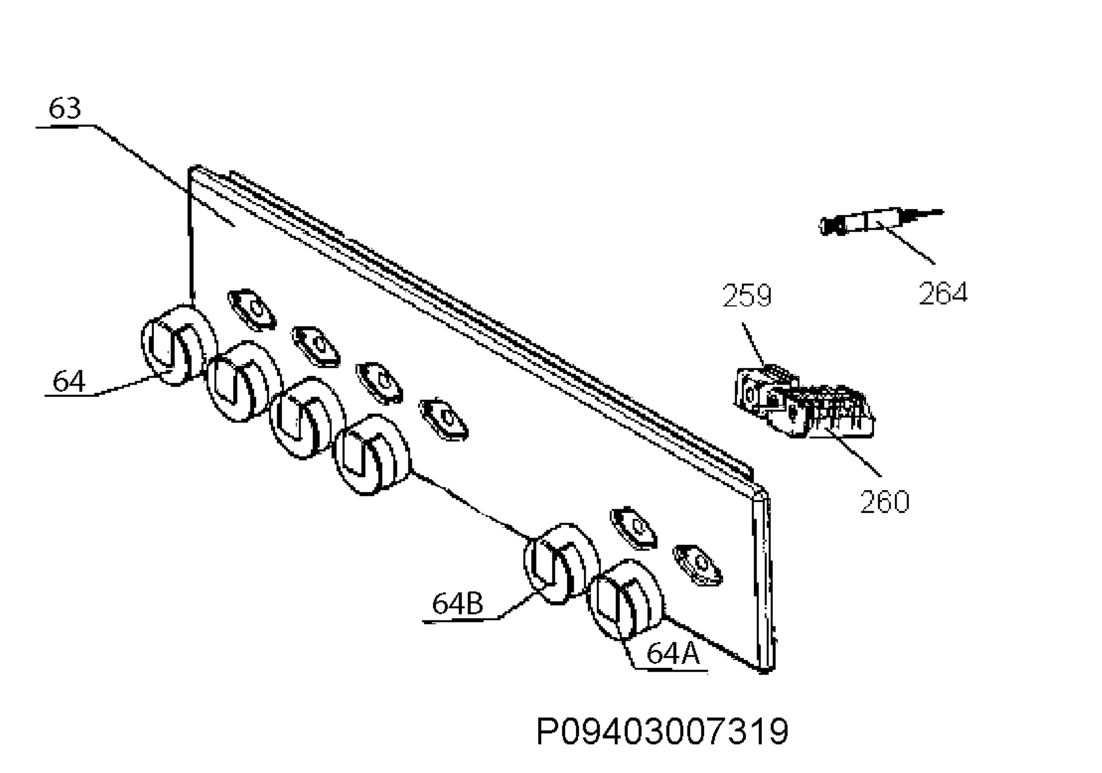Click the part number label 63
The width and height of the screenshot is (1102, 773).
[x=65, y=108]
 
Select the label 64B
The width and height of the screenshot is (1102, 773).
[x=457, y=604]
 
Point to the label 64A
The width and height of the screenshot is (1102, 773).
[x=673, y=653]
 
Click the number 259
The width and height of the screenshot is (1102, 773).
[x=747, y=295]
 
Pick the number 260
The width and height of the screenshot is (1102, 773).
[x=884, y=502]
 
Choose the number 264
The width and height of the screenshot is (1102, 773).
[x=943, y=293]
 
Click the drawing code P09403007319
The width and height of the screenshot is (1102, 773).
[x=663, y=732]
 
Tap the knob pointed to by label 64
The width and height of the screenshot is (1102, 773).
[x=179, y=345]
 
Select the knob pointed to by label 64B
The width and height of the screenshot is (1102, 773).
[x=561, y=563]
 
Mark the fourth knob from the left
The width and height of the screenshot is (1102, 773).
[x=372, y=454]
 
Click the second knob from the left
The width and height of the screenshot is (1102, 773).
[x=244, y=381]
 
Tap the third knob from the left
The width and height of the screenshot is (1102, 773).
[x=308, y=417]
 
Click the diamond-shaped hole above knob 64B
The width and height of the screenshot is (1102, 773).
[x=634, y=527]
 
